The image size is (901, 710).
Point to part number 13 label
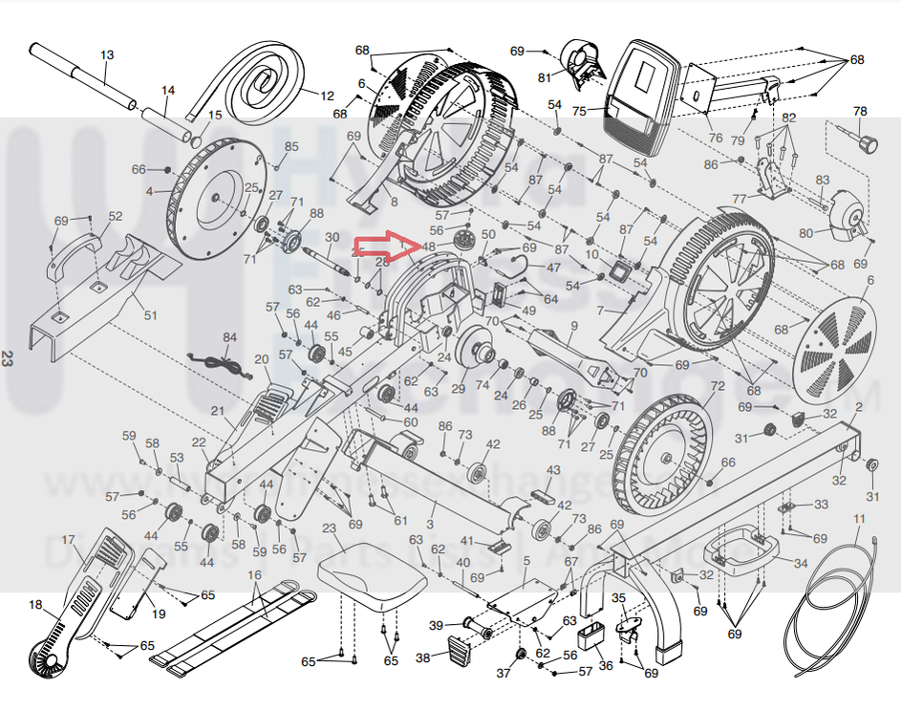(106, 54)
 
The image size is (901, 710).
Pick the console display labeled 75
(643, 96)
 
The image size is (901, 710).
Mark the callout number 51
(150, 315)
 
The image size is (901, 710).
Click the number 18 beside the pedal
(36, 605)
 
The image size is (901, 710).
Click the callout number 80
(805, 232)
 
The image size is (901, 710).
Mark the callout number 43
(553, 471)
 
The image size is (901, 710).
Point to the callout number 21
(217, 411)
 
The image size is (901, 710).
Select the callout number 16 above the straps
(254, 575)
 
